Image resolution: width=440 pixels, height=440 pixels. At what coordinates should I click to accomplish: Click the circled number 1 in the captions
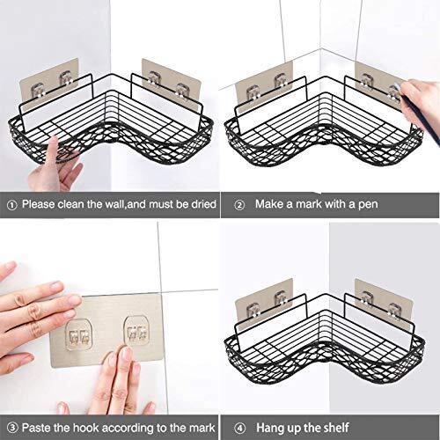point(11,205)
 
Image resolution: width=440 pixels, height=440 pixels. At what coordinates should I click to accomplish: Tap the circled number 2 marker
point(239,205)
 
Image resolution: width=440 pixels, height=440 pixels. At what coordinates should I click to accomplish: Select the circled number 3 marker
point(12,428)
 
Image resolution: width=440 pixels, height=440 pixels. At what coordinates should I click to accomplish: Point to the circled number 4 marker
point(240,429)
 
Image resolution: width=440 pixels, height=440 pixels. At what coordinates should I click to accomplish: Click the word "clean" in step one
point(70,204)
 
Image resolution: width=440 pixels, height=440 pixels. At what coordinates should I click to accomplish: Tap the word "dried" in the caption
point(204,204)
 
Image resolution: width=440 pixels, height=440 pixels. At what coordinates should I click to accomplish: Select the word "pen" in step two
point(368,205)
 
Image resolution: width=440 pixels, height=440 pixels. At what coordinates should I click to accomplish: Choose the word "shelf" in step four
point(336,428)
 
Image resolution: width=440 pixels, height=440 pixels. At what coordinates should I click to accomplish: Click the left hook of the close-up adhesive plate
point(78,335)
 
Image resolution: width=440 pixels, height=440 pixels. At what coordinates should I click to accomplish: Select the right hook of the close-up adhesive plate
point(136,331)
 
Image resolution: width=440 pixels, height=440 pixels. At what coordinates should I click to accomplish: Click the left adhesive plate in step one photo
point(49,84)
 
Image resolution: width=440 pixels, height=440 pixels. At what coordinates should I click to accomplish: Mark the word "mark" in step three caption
point(202,428)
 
